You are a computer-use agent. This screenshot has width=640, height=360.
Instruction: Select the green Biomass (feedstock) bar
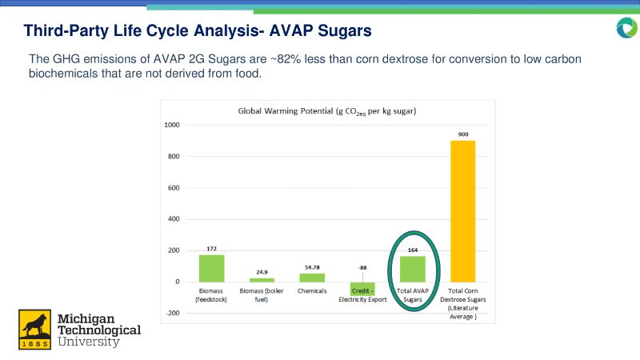pyautogui.click(x=212, y=268)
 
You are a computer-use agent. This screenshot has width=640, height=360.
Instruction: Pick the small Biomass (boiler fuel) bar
pyautogui.click(x=262, y=280)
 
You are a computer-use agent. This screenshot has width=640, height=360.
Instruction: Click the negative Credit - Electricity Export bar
pyautogui.click(x=363, y=289)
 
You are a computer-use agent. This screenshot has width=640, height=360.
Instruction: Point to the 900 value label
pyautogui.click(x=462, y=134)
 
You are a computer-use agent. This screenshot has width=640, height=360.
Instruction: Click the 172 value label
pyautogui.click(x=212, y=248)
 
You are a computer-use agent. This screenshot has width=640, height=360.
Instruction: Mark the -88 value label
pyautogui.click(x=363, y=267)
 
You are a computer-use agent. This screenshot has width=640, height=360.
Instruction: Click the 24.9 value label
pyautogui.click(x=262, y=271)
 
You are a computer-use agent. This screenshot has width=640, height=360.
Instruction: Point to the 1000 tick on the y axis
pyautogui.click(x=172, y=126)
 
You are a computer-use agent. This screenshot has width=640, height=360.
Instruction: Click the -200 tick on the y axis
pyautogui.click(x=173, y=314)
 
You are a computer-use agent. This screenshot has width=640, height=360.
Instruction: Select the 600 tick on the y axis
pyautogui.click(x=174, y=188)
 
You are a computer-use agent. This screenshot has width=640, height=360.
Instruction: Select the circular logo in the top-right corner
pyautogui.click(x=626, y=29)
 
